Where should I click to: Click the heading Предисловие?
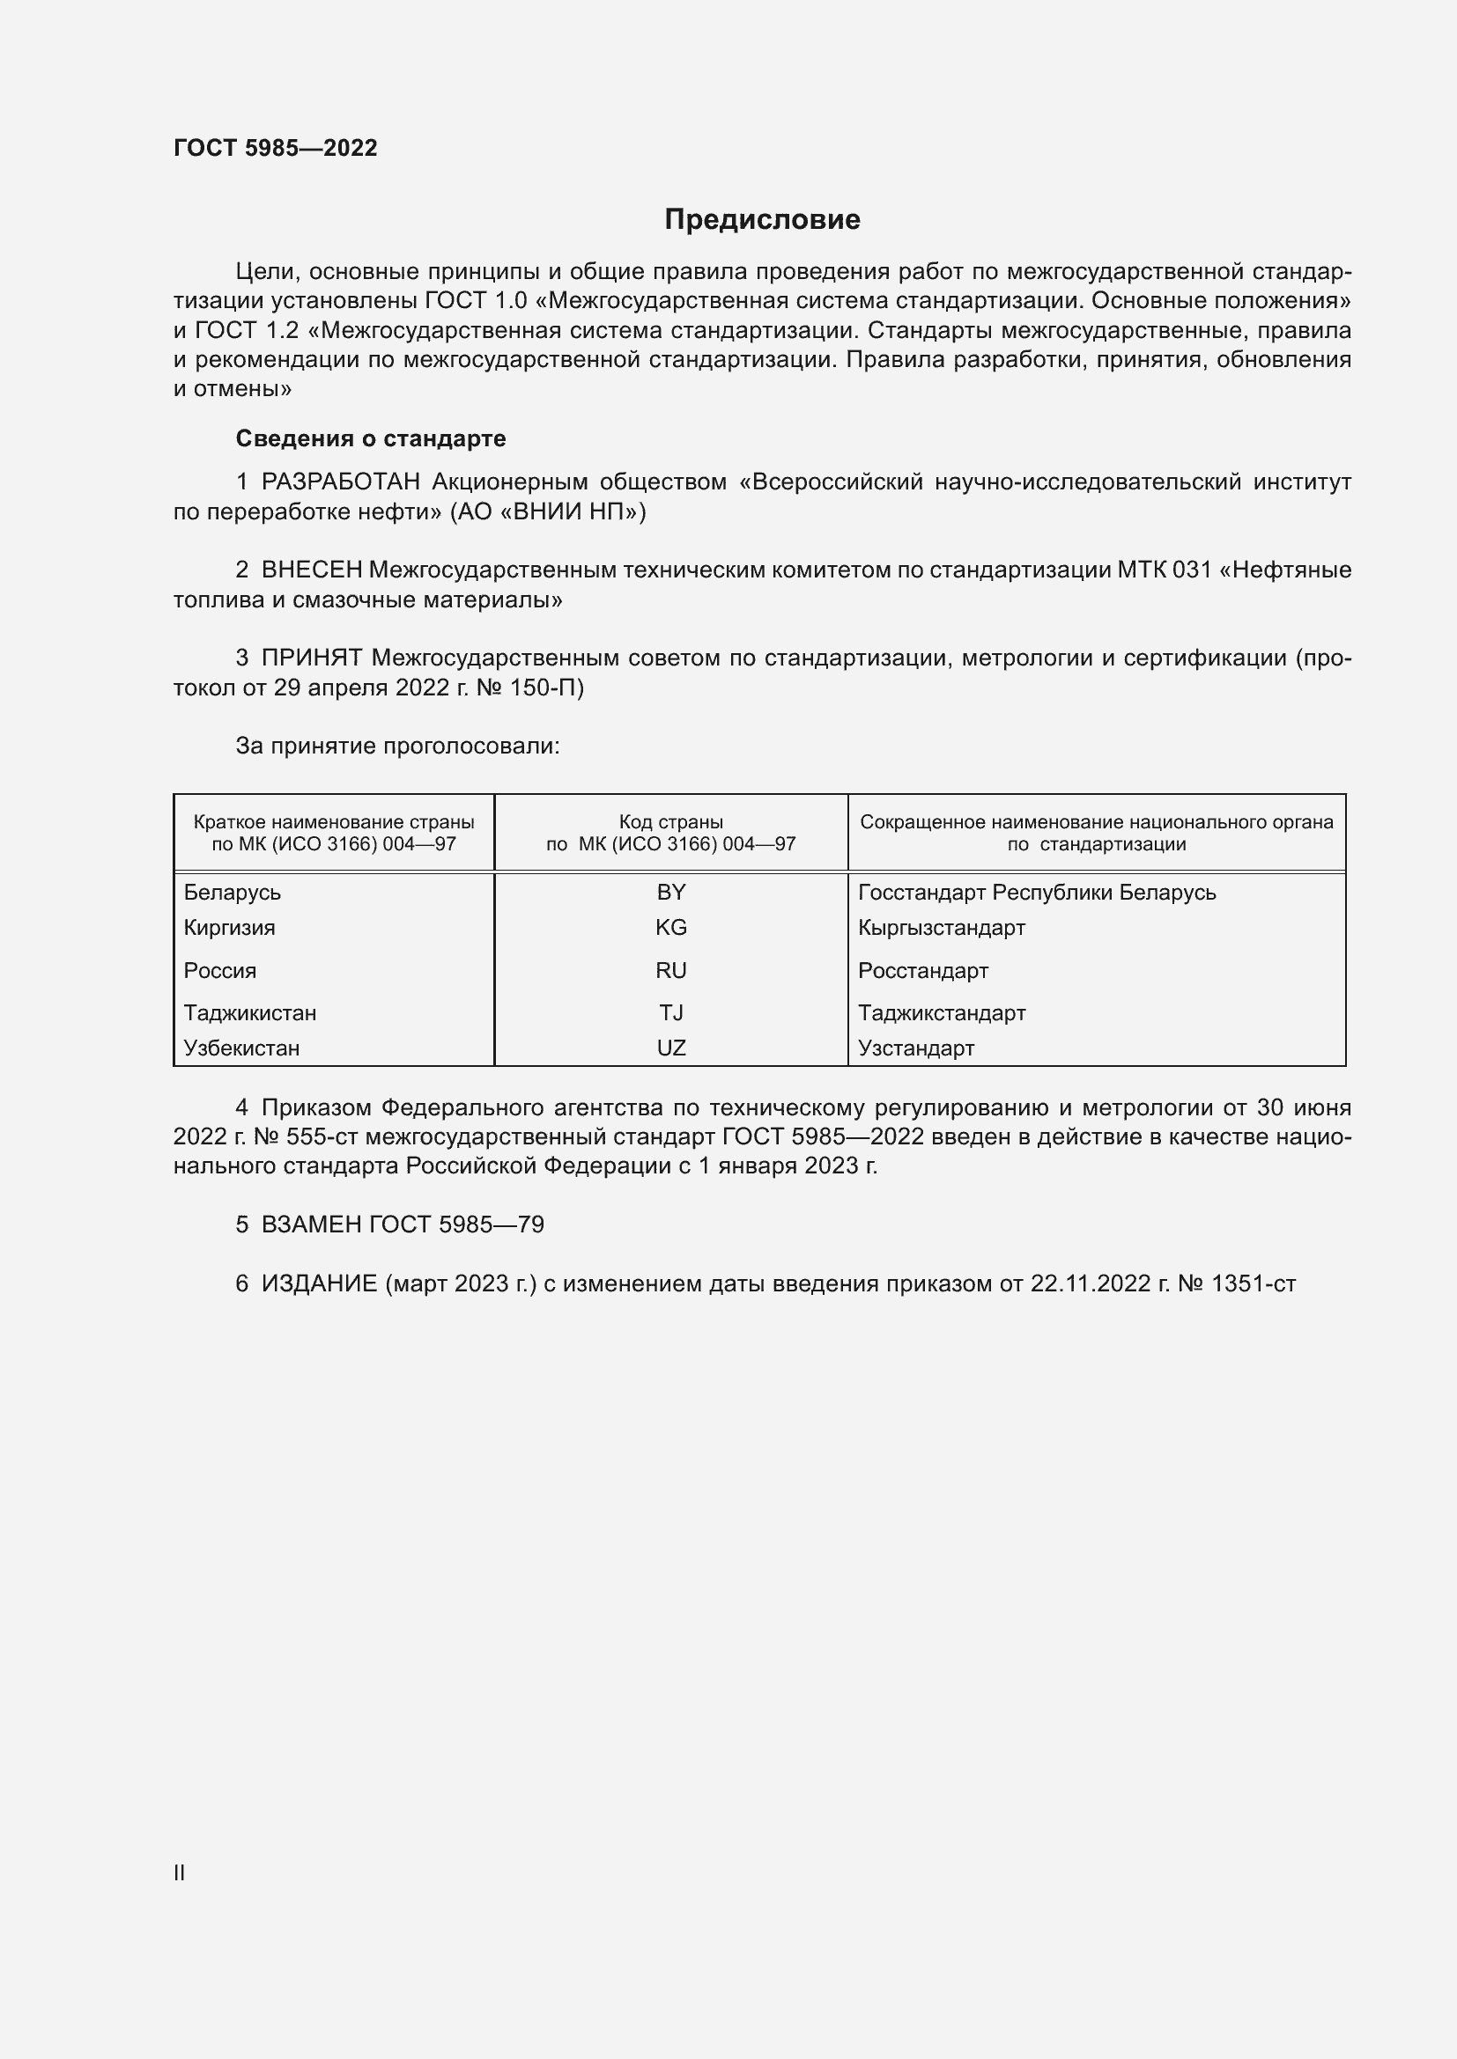(762, 220)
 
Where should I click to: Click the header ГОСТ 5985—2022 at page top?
(276, 148)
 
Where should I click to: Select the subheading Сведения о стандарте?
(371, 438)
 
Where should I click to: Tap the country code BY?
(671, 893)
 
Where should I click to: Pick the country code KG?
(671, 927)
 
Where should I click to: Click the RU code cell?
(671, 970)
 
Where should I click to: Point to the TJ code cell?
(671, 1012)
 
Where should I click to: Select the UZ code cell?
(671, 1048)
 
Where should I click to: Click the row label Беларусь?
(233, 893)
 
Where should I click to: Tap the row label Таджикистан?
(250, 1012)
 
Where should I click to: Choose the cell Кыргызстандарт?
(941, 927)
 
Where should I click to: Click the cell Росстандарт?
(923, 970)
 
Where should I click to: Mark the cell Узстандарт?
(916, 1048)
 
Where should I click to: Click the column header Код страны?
(671, 822)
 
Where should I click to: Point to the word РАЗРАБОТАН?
(340, 482)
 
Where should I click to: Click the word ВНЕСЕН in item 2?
(311, 570)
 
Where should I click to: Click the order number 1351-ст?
(1254, 1284)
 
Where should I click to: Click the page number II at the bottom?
(180, 1872)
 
